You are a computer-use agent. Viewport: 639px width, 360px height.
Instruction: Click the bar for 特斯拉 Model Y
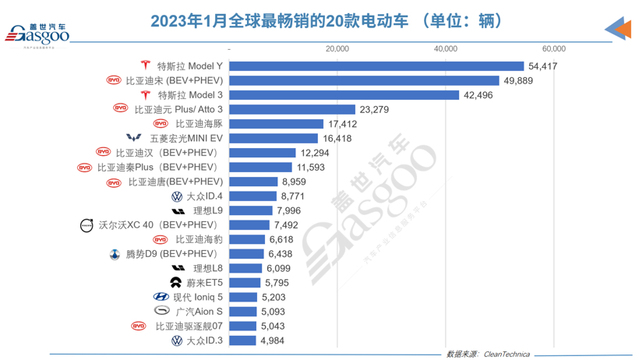pyautogui.click(x=376, y=66)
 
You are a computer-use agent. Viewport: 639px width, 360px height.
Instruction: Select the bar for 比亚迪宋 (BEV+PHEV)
pyautogui.click(x=363, y=80)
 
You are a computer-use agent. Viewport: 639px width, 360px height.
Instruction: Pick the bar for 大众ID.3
pyautogui.click(x=242, y=341)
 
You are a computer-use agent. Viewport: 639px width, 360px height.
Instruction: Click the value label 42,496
pyautogui.click(x=479, y=95)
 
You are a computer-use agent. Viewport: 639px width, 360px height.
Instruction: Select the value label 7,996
pyautogui.click(x=291, y=210)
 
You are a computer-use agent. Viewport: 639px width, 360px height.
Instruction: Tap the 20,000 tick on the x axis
pyautogui.click(x=337, y=48)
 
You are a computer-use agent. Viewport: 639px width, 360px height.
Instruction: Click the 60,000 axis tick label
pyautogui.click(x=554, y=48)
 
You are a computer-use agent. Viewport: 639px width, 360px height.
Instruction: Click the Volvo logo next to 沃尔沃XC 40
pyautogui.click(x=86, y=225)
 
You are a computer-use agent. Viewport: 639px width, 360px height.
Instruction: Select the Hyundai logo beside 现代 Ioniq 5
pyautogui.click(x=161, y=297)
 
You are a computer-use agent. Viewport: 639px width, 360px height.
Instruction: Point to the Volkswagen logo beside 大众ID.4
pyautogui.click(x=176, y=196)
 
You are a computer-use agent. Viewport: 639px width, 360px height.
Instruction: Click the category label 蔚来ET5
pyautogui.click(x=205, y=283)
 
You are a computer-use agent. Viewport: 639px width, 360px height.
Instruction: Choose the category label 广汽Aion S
pyautogui.click(x=199, y=312)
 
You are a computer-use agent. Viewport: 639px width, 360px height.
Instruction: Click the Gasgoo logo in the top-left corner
pyautogui.click(x=38, y=34)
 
